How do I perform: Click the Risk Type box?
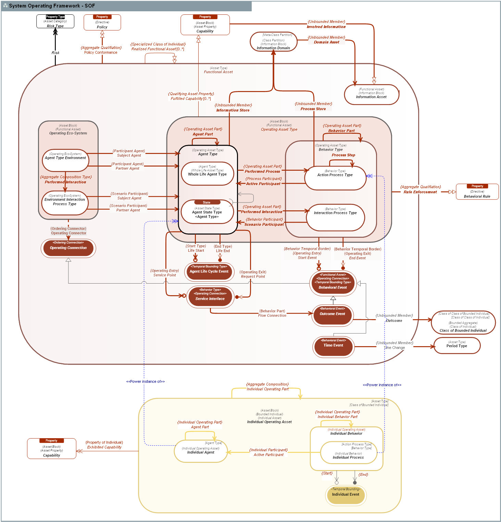click(x=55, y=22)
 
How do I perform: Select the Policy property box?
click(x=102, y=23)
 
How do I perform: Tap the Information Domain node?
click(x=273, y=42)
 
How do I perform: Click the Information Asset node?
click(x=371, y=94)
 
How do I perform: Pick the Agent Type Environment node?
click(x=65, y=160)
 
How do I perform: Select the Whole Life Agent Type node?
click(x=207, y=173)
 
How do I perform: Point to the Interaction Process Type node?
click(x=335, y=217)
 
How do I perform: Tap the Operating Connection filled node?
click(x=68, y=248)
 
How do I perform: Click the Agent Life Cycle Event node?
click(x=209, y=272)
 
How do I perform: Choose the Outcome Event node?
click(x=333, y=315)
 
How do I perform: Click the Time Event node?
click(x=333, y=347)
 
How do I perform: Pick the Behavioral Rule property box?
click(x=477, y=192)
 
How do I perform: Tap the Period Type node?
click(x=456, y=345)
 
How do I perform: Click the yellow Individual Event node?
click(x=346, y=495)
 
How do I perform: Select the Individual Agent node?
click(x=201, y=452)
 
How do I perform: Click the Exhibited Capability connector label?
click(x=104, y=447)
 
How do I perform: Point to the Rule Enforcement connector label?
click(x=420, y=192)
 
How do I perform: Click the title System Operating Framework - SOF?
click(x=52, y=6)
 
